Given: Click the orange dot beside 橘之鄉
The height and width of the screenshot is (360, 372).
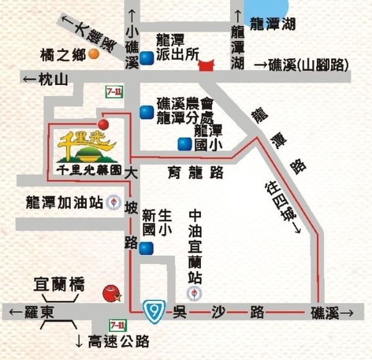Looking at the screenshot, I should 94,54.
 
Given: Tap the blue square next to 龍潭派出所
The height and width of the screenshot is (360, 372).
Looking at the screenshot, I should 146,58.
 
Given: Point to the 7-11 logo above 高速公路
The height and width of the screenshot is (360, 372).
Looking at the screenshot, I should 117,325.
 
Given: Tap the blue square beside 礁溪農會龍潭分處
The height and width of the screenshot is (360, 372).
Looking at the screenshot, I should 146,112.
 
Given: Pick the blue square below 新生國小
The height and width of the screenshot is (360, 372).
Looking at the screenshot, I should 146,249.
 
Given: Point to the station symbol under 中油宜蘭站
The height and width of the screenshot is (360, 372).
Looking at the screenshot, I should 195,292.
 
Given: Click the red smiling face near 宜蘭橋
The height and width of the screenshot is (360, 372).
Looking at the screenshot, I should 110,292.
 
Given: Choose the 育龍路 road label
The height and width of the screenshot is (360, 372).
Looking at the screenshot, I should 195,173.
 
